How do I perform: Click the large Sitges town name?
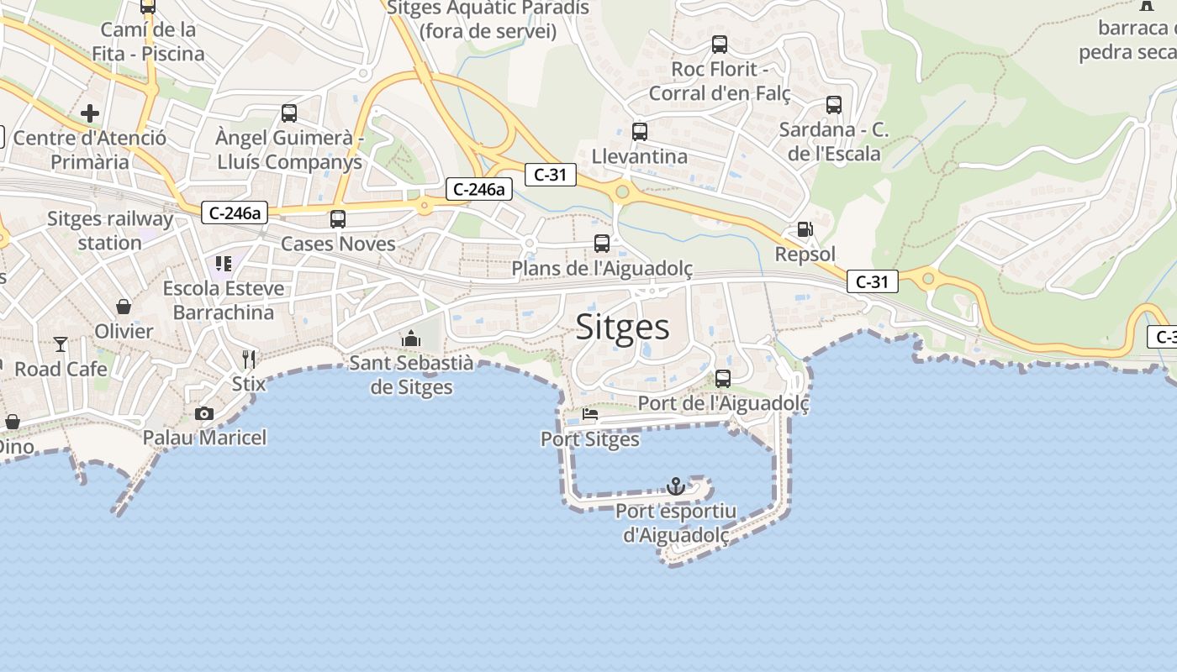coord(622,327)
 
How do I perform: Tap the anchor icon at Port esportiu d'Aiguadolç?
coord(676,486)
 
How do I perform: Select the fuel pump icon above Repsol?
coord(805,229)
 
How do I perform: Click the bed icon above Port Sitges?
coord(590,414)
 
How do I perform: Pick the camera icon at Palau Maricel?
coord(203,413)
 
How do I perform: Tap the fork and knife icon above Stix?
coord(249,360)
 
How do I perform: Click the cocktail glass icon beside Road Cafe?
coord(61,344)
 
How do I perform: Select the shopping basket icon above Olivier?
coord(124,307)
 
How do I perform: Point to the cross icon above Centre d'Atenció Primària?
coord(90,113)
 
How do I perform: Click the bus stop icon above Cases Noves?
coord(338,219)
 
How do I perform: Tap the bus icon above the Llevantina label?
coord(640,132)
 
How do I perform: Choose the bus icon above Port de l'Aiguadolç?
coord(723,379)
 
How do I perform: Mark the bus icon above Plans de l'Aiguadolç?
coord(602,244)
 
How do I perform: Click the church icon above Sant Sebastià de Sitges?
coord(411,339)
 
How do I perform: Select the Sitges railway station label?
coord(110,231)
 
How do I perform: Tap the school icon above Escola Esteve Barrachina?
coord(224,264)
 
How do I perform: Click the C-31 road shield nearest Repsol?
coord(872,281)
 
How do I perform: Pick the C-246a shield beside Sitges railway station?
coord(235,213)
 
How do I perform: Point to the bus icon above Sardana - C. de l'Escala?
coord(834,105)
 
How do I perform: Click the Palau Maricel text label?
coord(204,438)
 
